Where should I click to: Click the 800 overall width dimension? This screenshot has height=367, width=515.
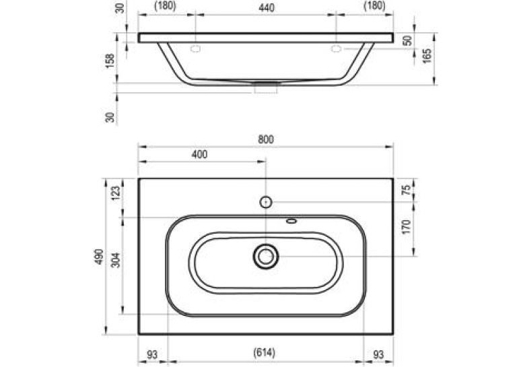pyautogui.click(x=266, y=139)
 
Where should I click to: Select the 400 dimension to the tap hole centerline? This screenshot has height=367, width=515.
pyautogui.click(x=199, y=154)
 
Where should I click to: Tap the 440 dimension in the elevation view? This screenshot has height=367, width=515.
pyautogui.click(x=267, y=7)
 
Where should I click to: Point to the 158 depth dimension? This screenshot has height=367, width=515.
pyautogui.click(x=110, y=61)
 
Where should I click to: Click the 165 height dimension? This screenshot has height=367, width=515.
pyautogui.click(x=426, y=56)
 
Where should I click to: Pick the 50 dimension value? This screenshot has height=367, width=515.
pyautogui.click(x=407, y=40)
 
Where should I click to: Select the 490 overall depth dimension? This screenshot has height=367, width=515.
pyautogui.click(x=99, y=257)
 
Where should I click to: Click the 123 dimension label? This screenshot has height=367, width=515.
pyautogui.click(x=116, y=193)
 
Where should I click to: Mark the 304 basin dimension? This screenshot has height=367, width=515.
pyautogui.click(x=116, y=260)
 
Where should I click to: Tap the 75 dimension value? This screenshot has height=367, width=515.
pyautogui.click(x=407, y=190)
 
